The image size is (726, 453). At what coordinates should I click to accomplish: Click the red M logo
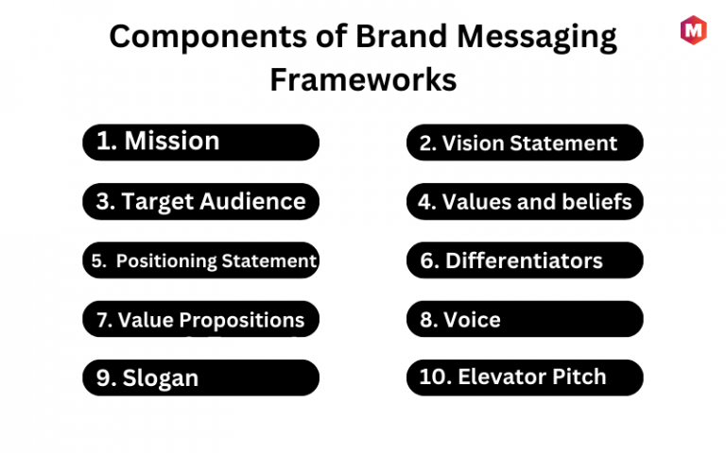[693, 30]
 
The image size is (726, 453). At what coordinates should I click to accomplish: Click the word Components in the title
[208, 38]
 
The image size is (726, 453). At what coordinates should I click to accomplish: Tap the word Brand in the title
[401, 36]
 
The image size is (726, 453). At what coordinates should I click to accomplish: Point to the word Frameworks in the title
[363, 79]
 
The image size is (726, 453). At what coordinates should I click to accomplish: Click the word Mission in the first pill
[172, 141]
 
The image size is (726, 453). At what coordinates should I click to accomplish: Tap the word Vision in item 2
[474, 143]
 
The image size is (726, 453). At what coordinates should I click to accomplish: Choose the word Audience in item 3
[252, 202]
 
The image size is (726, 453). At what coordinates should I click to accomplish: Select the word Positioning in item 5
[166, 261]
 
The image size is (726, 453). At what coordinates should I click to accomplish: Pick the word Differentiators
[524, 260]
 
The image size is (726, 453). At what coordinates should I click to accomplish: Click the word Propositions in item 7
[242, 321]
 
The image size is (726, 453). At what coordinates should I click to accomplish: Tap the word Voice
[472, 320]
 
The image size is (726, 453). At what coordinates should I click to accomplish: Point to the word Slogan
[160, 378]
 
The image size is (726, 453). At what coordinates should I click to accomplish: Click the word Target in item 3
[158, 203]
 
